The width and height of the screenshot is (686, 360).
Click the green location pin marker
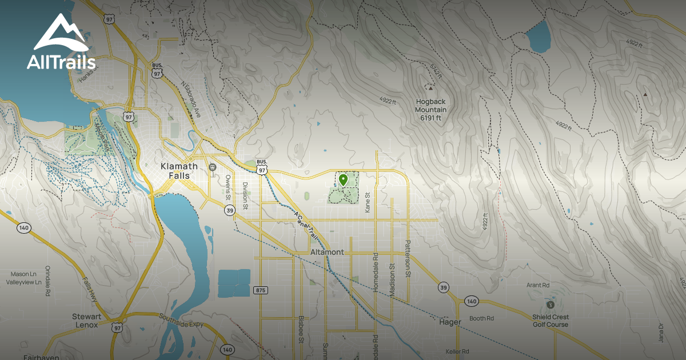click(343, 180)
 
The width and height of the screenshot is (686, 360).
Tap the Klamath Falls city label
click(179, 171)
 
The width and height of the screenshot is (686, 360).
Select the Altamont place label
click(327, 252)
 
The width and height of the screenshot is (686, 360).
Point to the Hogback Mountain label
click(431, 110)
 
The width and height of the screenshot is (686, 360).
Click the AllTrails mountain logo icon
click(61, 33)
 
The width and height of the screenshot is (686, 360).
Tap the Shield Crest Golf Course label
click(551, 321)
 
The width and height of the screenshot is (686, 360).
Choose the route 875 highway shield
click(261, 290)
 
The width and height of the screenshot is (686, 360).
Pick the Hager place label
click(450, 322)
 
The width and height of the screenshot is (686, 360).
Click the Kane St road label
click(368, 202)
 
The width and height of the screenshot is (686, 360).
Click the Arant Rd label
click(538, 285)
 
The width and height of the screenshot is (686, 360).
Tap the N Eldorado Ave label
click(192, 101)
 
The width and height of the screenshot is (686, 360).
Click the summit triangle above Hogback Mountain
click(429, 87)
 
